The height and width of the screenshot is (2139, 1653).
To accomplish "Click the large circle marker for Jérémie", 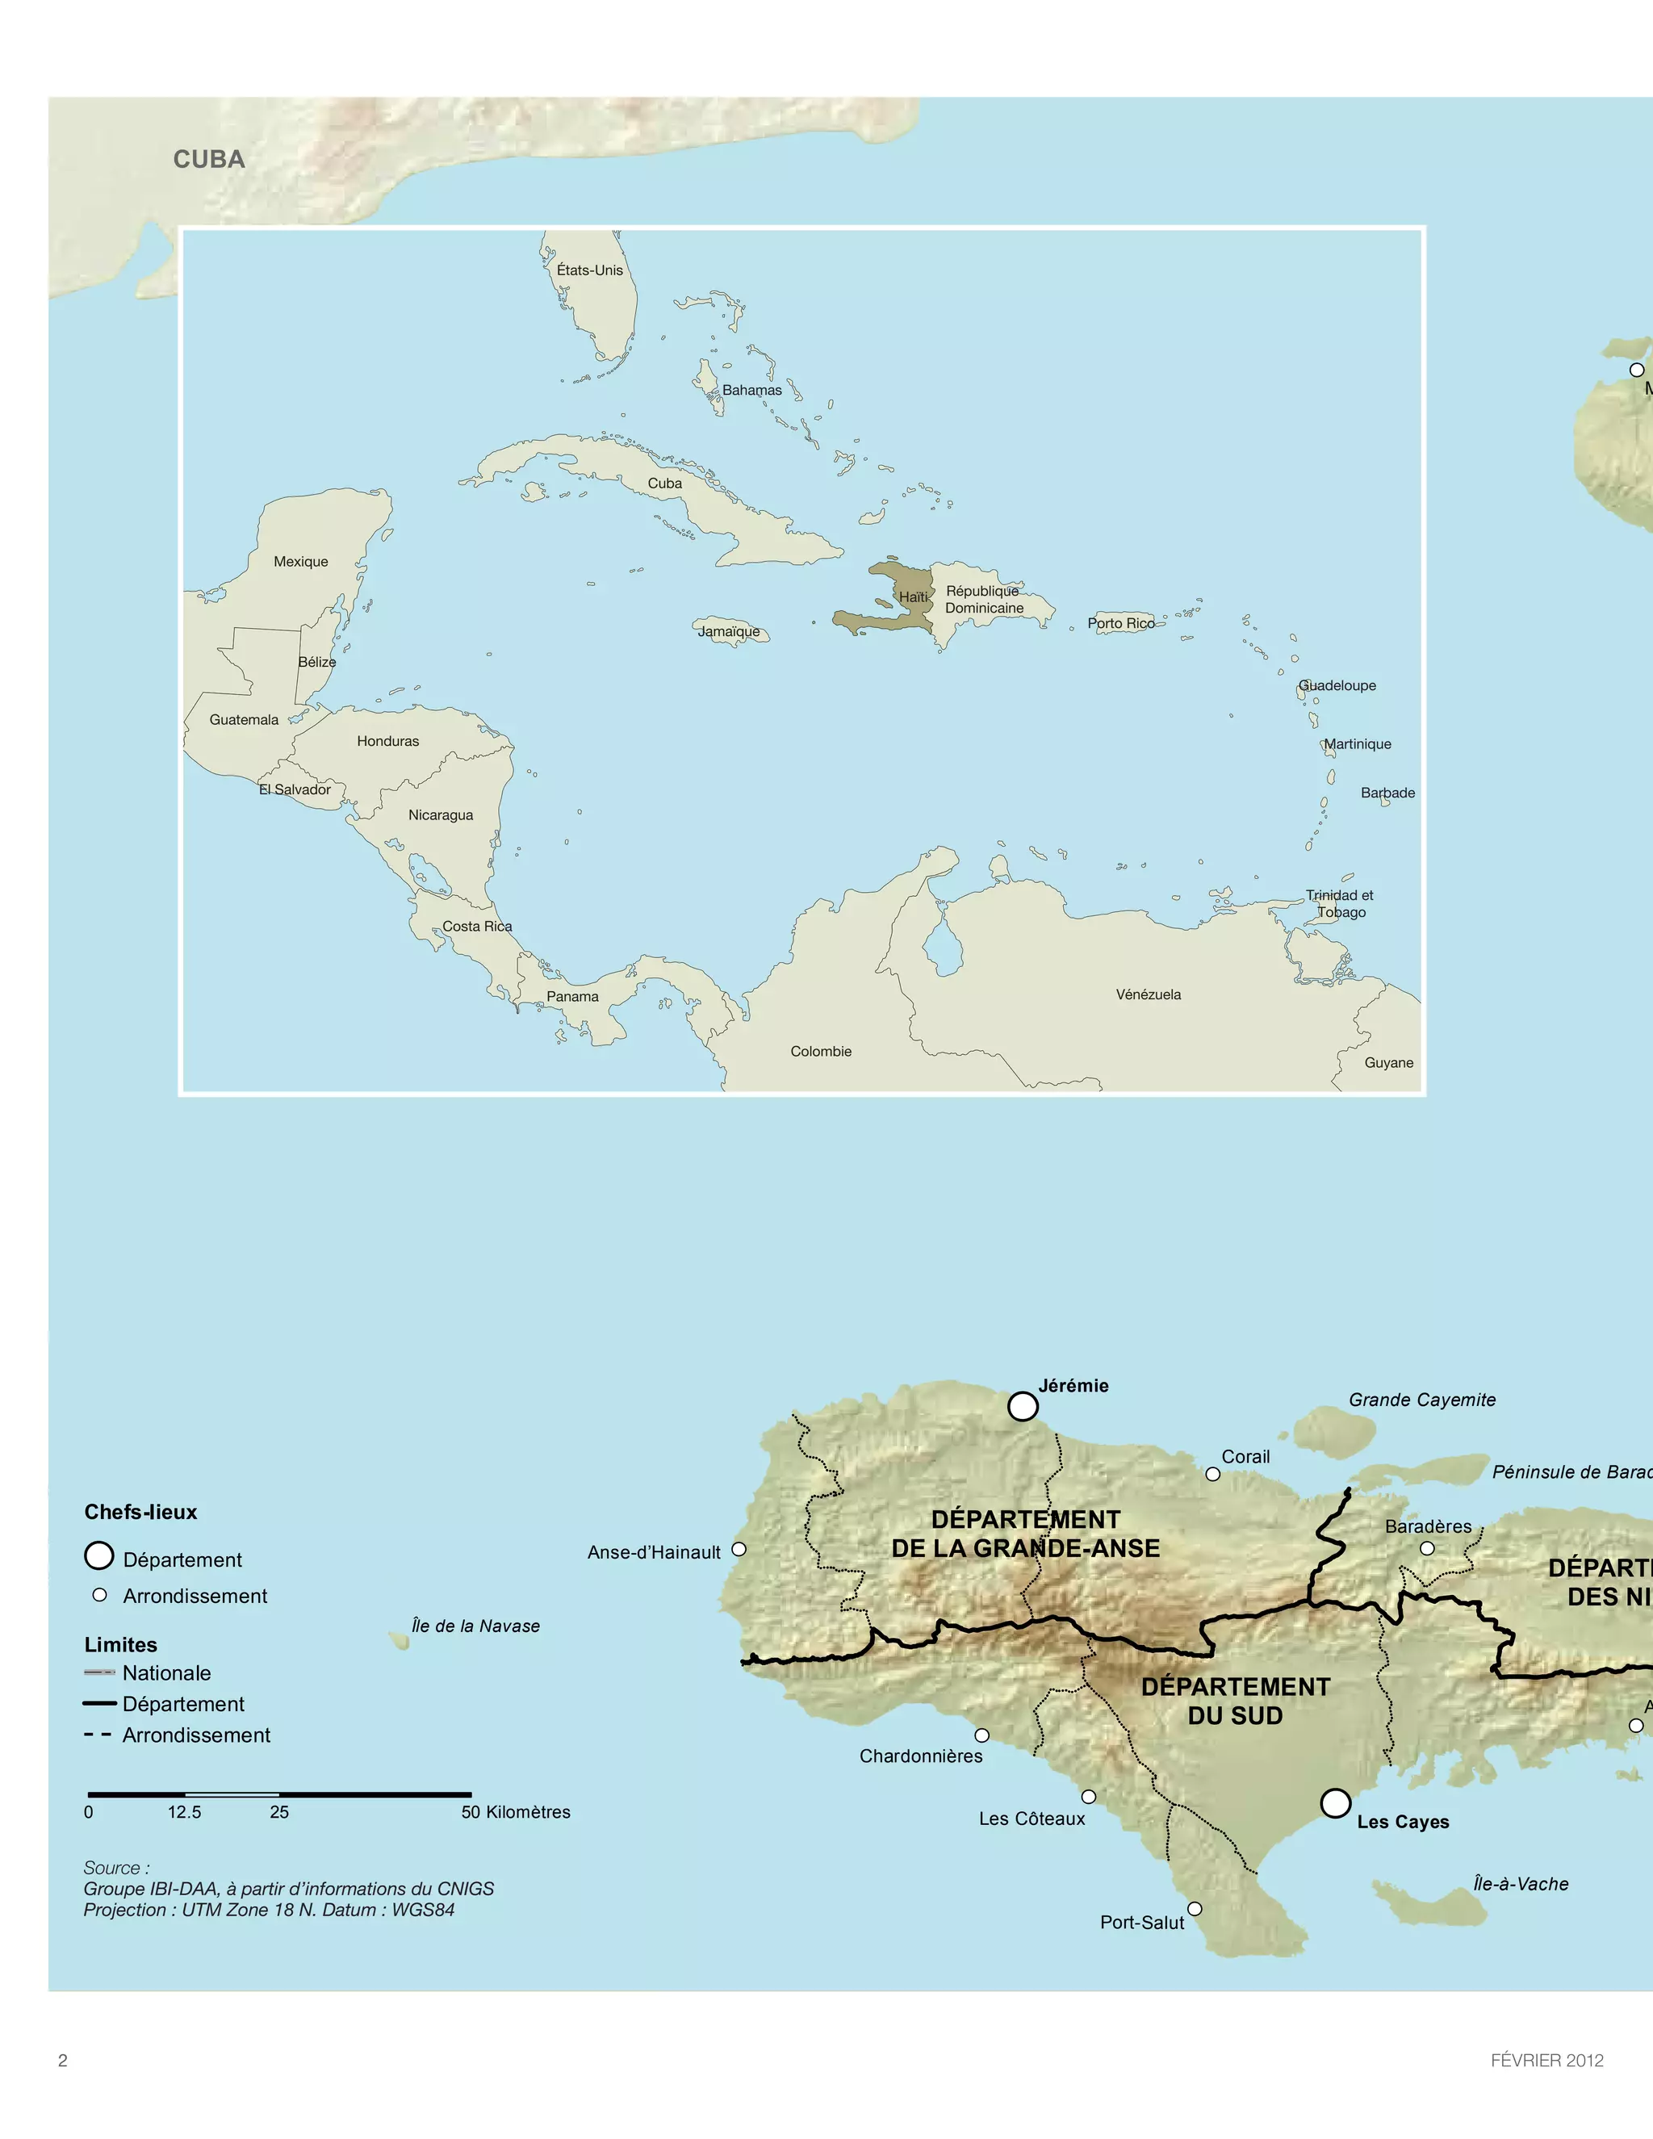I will point(1023,1406).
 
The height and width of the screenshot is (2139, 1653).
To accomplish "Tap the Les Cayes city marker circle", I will point(1335,1803).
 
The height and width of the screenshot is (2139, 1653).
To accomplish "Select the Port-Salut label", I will point(1142,1923).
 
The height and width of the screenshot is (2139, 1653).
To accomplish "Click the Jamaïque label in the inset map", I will point(729,632).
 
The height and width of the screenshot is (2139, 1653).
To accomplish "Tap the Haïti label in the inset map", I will point(913,597).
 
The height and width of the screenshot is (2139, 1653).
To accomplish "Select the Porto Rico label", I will point(1120,623).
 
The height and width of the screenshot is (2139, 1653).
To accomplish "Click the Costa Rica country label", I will point(477,927).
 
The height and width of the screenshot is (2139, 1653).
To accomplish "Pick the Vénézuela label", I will point(1148,994).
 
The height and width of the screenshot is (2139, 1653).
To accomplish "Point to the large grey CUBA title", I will point(208,160).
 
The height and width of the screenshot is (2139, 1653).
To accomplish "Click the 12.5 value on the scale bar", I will point(184,1812).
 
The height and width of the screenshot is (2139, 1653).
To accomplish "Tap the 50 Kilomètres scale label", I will point(515,1812).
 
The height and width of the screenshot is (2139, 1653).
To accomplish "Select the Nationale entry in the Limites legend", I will point(166,1672).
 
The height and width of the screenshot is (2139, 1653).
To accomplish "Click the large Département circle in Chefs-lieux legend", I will point(99,1555).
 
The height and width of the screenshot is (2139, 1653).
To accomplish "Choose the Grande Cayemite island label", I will point(1422,1400).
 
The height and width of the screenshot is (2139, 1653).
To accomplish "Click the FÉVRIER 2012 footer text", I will point(1546,2060).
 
